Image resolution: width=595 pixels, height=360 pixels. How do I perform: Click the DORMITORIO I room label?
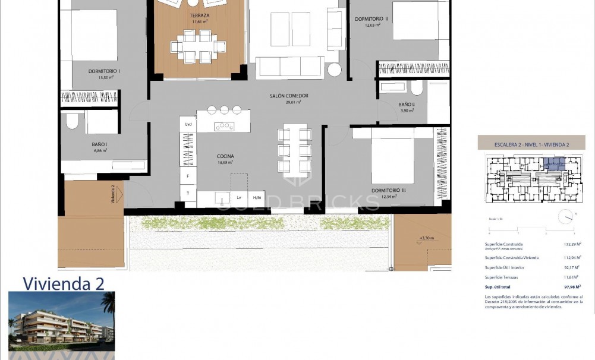point(105,71)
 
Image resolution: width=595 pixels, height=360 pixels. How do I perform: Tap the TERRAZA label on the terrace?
point(199,16)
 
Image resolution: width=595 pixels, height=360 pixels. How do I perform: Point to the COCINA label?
point(225,156)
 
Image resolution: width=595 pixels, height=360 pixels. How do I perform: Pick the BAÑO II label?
point(407,105)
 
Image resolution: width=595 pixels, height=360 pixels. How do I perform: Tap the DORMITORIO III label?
point(388,191)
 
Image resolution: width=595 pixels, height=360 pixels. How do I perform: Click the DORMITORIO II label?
point(371,19)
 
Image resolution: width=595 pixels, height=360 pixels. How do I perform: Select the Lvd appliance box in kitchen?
point(188,124)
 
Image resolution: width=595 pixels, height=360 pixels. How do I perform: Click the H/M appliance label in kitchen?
point(257,197)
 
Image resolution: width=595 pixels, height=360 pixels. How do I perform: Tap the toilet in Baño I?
point(72,122)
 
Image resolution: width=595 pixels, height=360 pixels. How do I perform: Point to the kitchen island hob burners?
point(224,125)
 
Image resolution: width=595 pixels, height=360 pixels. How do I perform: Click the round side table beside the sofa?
point(335,70)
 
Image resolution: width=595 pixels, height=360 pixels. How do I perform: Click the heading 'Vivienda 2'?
point(63,284)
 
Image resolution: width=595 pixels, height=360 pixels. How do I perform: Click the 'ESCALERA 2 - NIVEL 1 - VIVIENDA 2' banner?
point(531,143)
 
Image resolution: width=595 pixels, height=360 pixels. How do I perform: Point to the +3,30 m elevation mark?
point(426,238)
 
